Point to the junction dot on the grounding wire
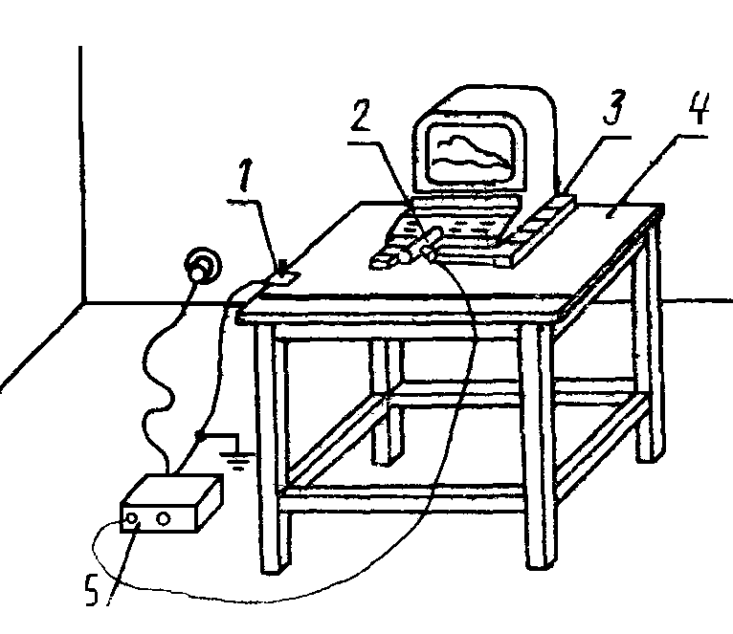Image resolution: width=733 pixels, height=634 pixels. [x=199, y=435]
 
